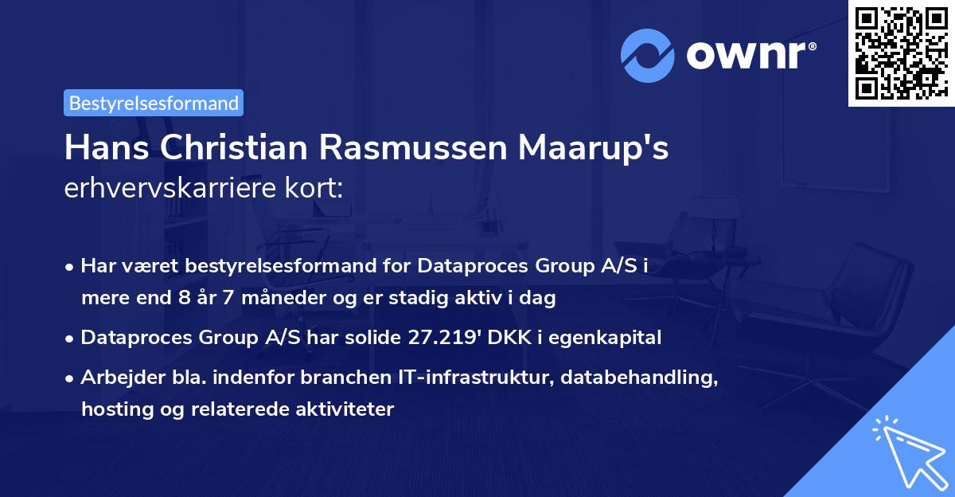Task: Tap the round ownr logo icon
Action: (648, 56)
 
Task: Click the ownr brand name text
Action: (750, 56)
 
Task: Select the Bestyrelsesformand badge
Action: (154, 103)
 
